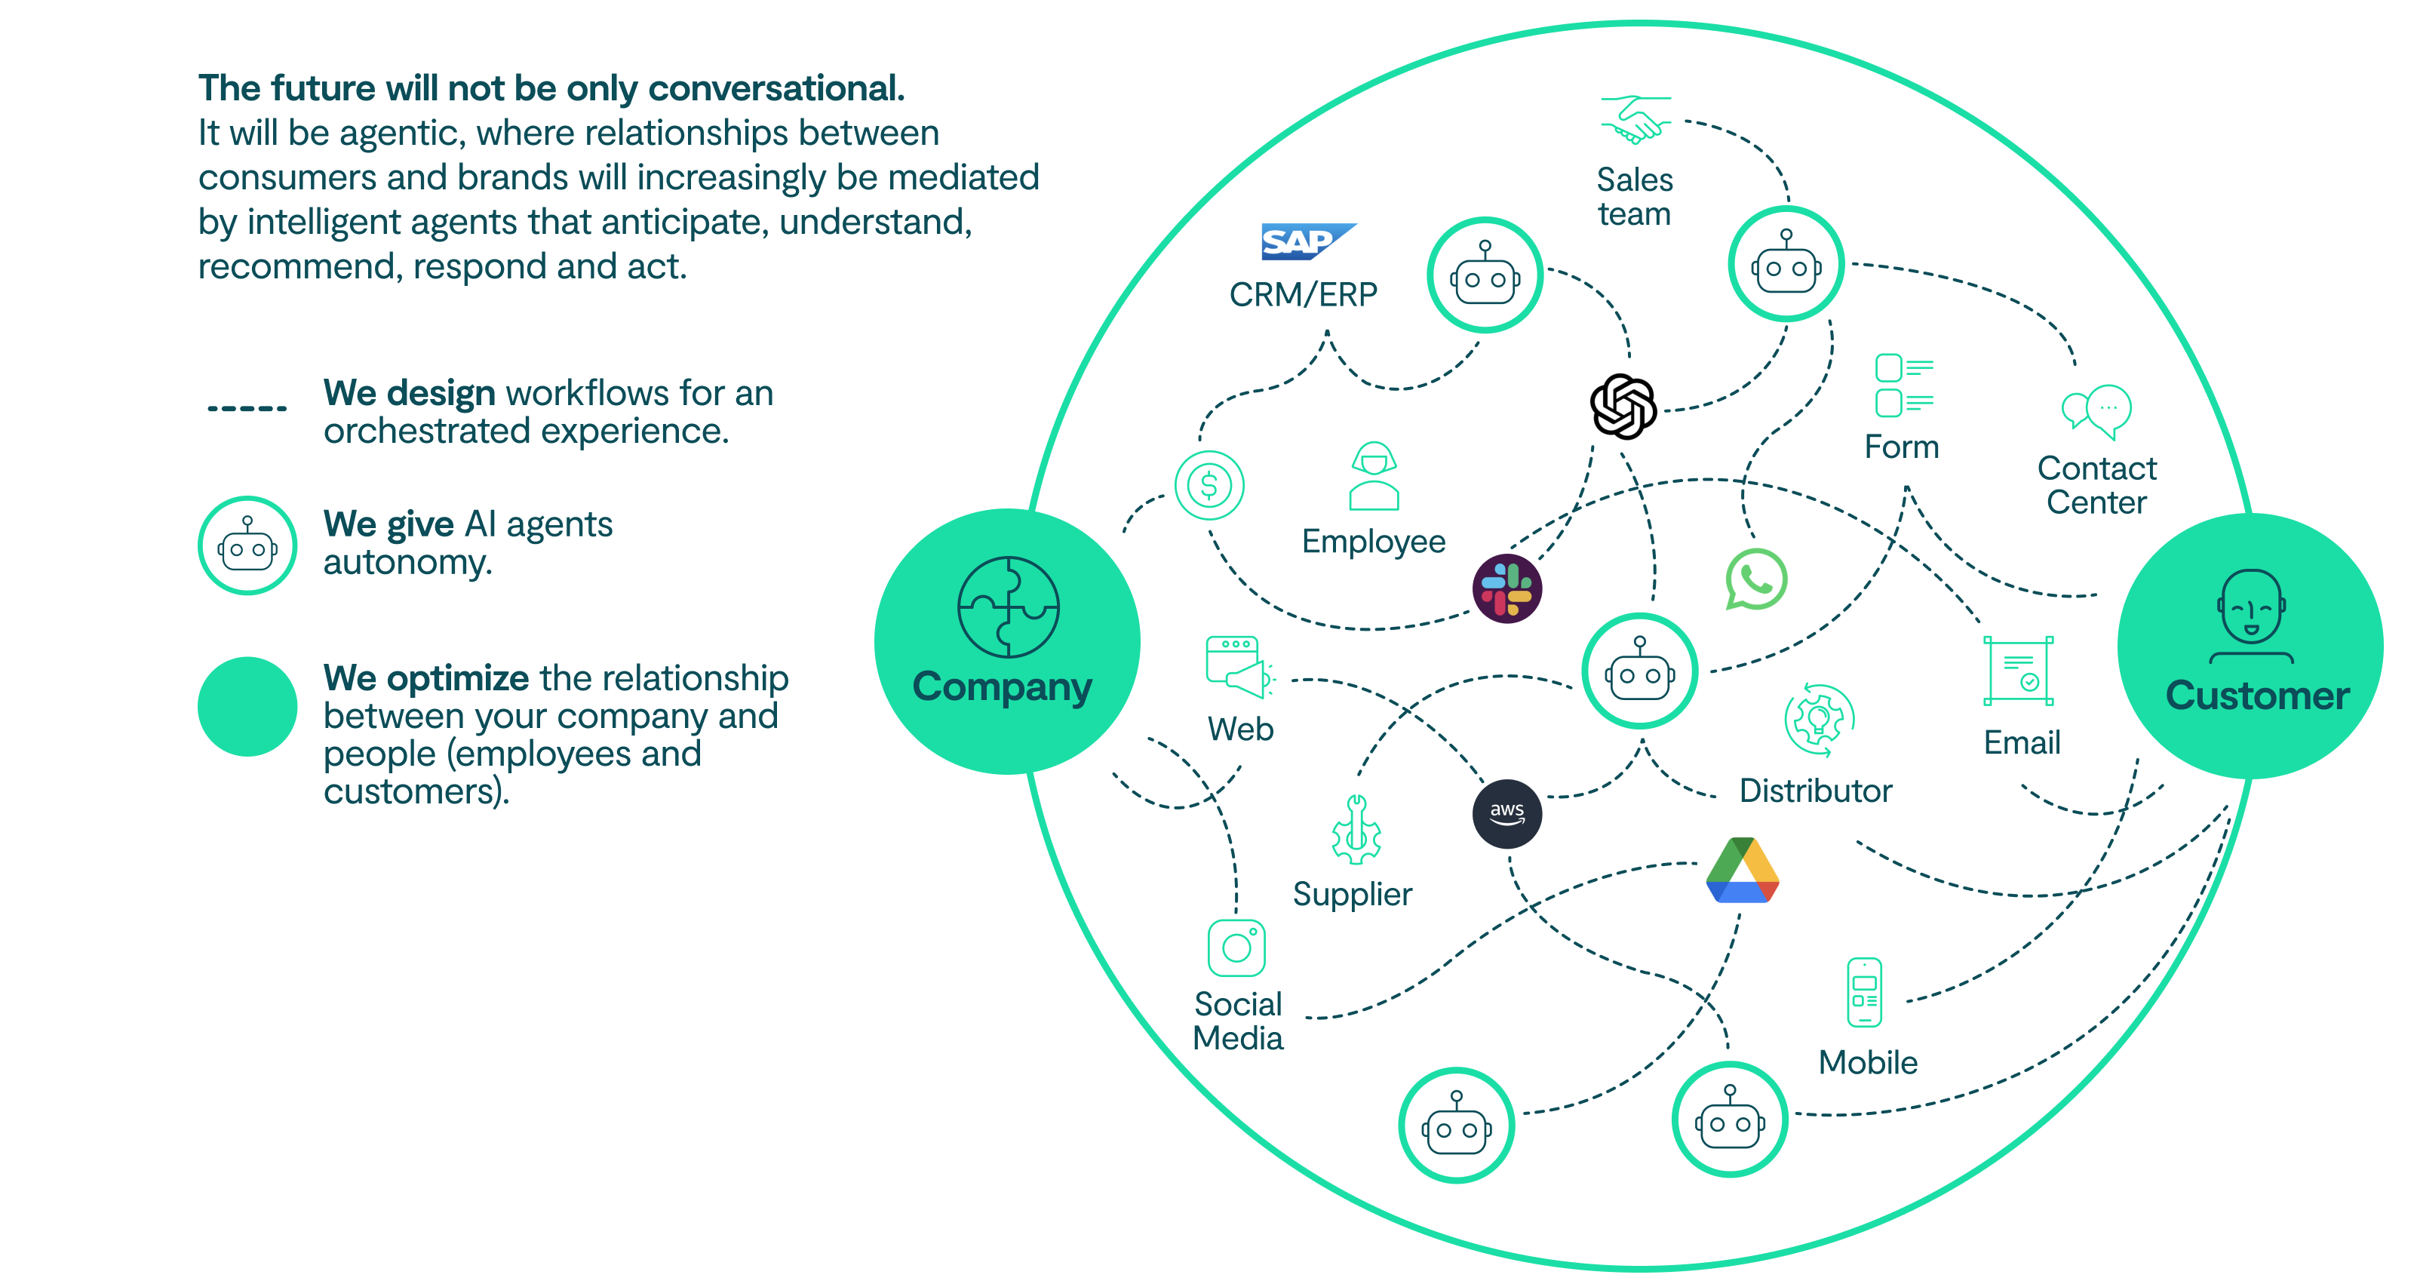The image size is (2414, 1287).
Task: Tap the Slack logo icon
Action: pyautogui.click(x=1507, y=588)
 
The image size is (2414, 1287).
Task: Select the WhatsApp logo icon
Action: pyautogui.click(x=1755, y=579)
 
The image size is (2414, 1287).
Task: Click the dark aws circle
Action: pyautogui.click(x=1507, y=812)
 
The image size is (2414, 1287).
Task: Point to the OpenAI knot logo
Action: pyautogui.click(x=1623, y=406)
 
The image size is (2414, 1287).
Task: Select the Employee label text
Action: pyautogui.click(x=1373, y=542)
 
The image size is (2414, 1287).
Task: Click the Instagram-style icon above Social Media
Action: pyautogui.click(x=1236, y=948)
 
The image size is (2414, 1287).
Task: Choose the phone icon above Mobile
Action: pyautogui.click(x=1864, y=992)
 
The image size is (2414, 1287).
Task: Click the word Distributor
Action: pyautogui.click(x=1815, y=791)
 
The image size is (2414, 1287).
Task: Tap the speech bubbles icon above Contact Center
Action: pyautogui.click(x=2096, y=410)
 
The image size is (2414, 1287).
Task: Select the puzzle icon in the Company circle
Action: pyautogui.click(x=1009, y=607)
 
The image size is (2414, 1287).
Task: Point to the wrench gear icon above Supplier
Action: pyautogui.click(x=1356, y=831)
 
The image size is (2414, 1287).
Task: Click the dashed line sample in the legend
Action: pyautogui.click(x=247, y=409)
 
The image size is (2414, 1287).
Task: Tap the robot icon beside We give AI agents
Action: pyautogui.click(x=247, y=545)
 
